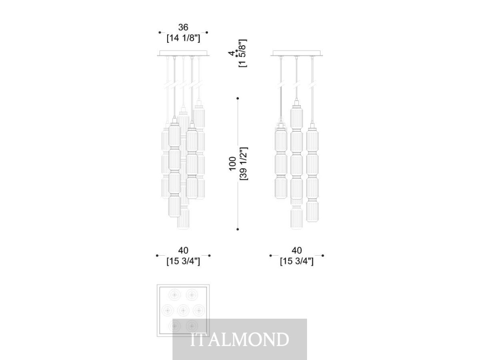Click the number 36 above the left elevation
(x=183, y=27)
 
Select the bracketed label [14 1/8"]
(x=183, y=38)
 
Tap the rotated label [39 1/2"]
(x=244, y=164)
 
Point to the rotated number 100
(x=233, y=164)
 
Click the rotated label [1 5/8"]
(x=243, y=53)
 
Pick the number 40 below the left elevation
(x=183, y=250)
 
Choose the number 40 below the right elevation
(x=296, y=250)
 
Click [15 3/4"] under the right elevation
(x=296, y=261)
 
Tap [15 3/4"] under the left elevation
(x=183, y=261)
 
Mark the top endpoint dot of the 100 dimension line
(x=238, y=98)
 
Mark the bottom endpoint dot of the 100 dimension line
(x=238, y=229)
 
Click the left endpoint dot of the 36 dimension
(x=160, y=32)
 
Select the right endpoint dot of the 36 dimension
(x=207, y=32)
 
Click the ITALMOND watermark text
(x=240, y=339)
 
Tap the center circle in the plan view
(x=183, y=310)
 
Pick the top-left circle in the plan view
(x=175, y=295)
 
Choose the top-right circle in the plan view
(x=192, y=295)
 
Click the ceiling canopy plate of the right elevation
(x=296, y=53)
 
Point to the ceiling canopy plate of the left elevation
(x=184, y=53)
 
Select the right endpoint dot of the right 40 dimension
(x=323, y=255)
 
